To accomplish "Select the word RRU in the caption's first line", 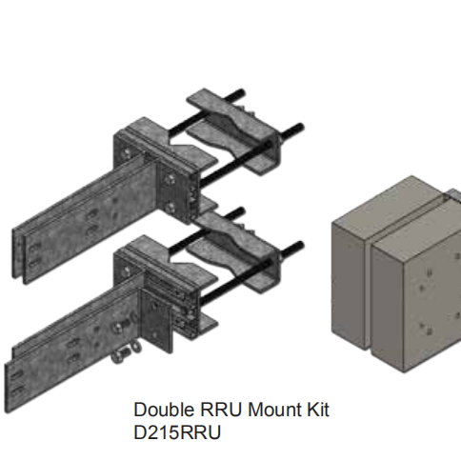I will (x=213, y=411).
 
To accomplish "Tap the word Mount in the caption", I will (x=262, y=411).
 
